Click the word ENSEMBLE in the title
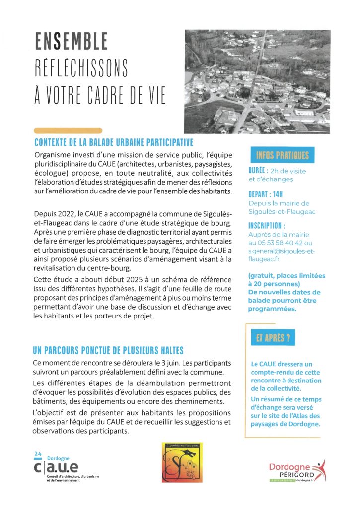pos(71,42)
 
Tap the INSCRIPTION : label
pos(267,226)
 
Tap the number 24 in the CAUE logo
pos(38,453)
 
